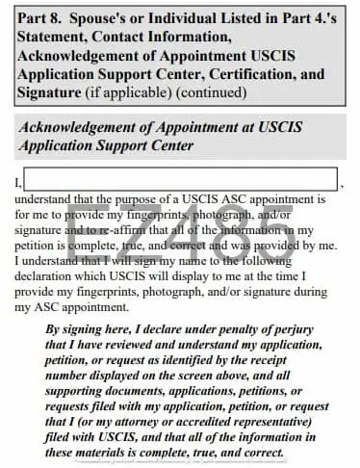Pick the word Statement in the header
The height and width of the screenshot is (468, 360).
coord(52,38)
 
